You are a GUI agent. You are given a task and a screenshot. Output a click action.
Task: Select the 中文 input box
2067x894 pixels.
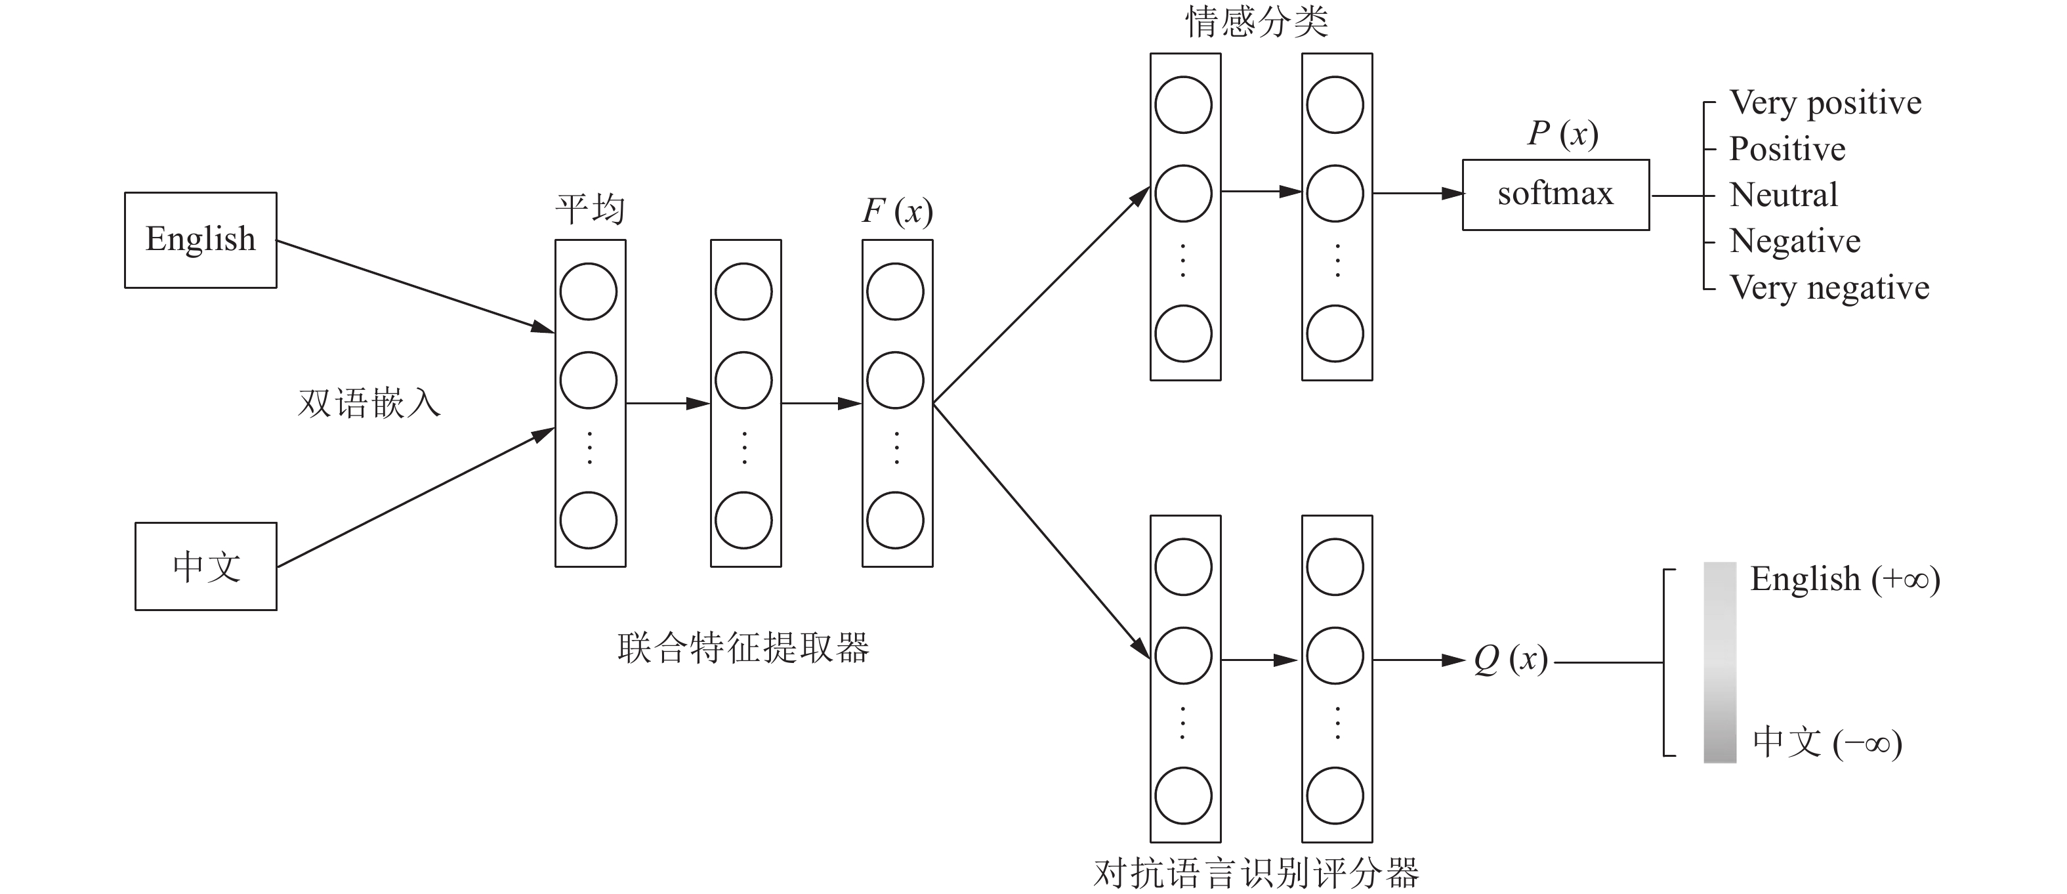pos(205,566)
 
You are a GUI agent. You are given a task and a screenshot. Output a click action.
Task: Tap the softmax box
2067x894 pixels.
pos(1555,195)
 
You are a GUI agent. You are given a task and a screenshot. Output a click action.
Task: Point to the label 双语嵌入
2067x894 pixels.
pos(369,403)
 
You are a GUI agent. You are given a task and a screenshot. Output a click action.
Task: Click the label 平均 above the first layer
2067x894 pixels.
pos(590,209)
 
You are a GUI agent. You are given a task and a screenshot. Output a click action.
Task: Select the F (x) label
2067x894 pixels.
pos(897,212)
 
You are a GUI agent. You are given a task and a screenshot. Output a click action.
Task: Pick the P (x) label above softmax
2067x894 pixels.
pos(1562,134)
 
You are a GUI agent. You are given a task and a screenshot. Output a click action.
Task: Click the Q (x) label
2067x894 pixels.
pos(1510,660)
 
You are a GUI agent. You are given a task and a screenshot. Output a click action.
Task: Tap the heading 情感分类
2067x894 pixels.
pos(1257,22)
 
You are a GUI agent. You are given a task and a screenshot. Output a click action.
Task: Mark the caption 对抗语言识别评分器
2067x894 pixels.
pos(1257,873)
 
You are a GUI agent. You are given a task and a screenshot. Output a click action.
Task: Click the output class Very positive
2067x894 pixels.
pos(1826,102)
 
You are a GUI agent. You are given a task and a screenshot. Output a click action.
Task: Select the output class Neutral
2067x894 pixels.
pos(1783,195)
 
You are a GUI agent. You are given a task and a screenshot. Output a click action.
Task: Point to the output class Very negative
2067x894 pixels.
pos(1829,287)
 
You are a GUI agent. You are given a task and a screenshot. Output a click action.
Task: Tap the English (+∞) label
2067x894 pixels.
pos(1845,580)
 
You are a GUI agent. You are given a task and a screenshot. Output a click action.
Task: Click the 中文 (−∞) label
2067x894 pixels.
pos(1827,742)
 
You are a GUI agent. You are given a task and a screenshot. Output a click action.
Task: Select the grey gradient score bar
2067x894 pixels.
pos(1720,662)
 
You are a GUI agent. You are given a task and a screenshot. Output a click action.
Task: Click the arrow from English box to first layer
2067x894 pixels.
pos(415,286)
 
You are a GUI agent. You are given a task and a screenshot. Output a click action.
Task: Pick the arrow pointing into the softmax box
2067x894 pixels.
pos(1418,194)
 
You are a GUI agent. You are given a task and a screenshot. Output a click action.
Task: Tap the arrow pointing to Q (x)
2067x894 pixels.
pos(1419,660)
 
